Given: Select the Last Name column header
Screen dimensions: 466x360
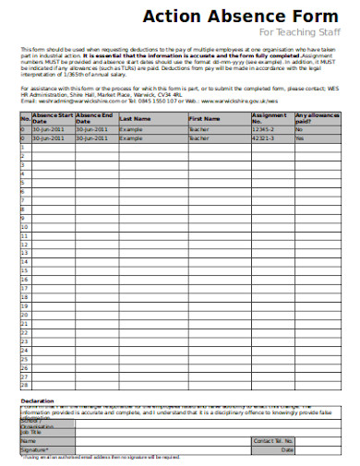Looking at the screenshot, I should pyautogui.click(x=134, y=119).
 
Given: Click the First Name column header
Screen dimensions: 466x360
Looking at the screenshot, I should pyautogui.click(x=204, y=119).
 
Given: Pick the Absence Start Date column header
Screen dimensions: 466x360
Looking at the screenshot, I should pyautogui.click(x=52, y=119).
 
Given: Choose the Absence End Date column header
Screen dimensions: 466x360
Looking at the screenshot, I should pyautogui.click(x=94, y=119).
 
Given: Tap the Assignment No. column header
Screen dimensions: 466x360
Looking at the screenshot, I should pyautogui.click(x=268, y=119).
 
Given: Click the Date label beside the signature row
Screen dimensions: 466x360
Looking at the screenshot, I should pyautogui.click(x=287, y=449).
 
